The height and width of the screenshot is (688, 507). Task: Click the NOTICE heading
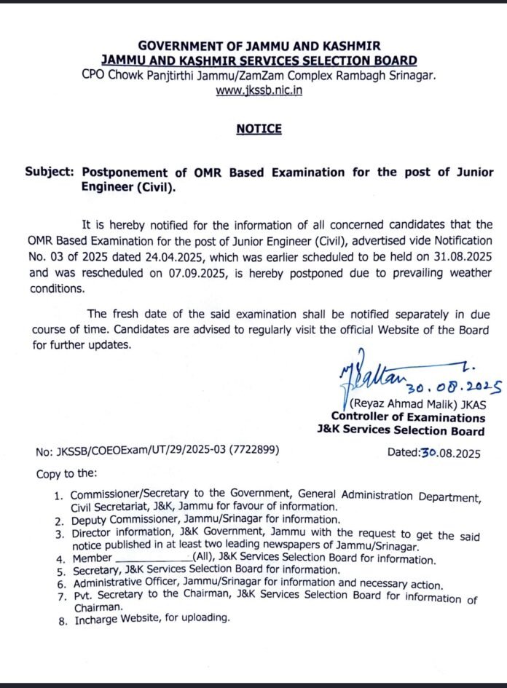(x=259, y=129)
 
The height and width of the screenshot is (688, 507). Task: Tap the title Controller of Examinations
(x=408, y=418)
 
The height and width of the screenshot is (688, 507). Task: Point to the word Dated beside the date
(x=403, y=451)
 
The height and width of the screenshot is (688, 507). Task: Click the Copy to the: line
(x=66, y=474)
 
